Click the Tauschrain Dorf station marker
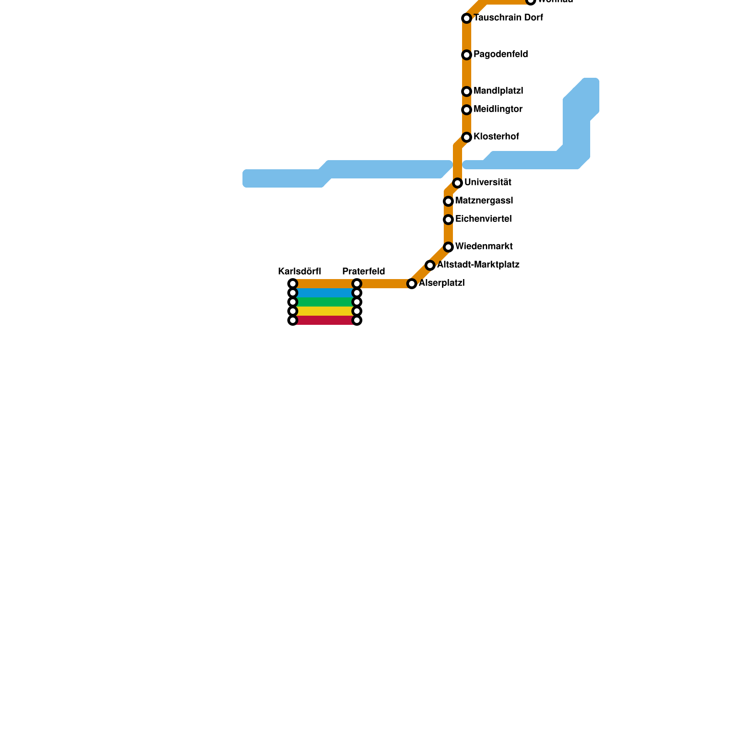(467, 18)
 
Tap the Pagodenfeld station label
(501, 54)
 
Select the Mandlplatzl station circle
(467, 91)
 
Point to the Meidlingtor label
(498, 109)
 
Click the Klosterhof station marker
(467, 137)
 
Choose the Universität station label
(488, 183)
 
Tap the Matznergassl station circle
(448, 201)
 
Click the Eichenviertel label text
(483, 219)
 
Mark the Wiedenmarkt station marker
(448, 247)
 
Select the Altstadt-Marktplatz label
(478, 265)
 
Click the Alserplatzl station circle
(412, 284)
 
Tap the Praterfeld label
(364, 271)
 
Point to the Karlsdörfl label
(300, 271)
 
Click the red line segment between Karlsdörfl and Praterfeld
(325, 320)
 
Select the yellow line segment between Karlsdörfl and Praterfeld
(325, 311)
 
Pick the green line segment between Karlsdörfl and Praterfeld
(325, 302)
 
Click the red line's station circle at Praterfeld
(357, 320)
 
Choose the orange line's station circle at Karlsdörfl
(293, 284)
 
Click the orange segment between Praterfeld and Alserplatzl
(384, 284)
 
